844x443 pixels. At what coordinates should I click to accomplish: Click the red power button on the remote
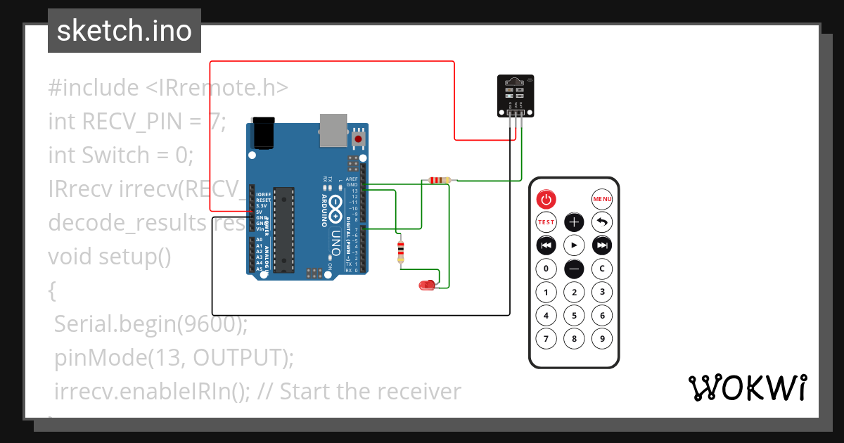coord(546,200)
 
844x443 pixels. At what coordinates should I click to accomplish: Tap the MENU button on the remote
coord(602,200)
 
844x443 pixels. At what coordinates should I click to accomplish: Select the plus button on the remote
coord(575,223)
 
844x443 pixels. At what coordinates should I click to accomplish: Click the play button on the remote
coord(575,245)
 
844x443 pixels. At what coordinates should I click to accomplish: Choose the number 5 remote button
coord(575,316)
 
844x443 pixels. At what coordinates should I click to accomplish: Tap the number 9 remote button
coord(602,339)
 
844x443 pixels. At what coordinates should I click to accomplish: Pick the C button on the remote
coord(602,269)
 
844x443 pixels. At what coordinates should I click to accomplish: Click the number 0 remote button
coord(546,269)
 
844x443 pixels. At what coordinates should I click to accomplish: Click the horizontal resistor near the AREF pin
coord(439,181)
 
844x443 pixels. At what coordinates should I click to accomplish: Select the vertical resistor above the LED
coord(401,251)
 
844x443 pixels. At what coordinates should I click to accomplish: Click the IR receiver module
coord(515,95)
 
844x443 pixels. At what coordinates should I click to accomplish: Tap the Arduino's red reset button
coord(359,139)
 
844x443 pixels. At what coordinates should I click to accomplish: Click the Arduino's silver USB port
coord(333,131)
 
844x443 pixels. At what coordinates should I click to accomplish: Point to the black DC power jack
coord(263,133)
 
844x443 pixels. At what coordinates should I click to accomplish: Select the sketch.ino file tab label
coord(124,31)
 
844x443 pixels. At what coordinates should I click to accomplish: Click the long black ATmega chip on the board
coord(283,229)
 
